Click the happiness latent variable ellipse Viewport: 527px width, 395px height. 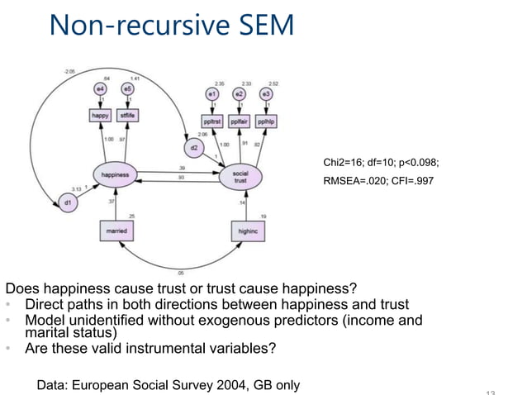tap(115, 176)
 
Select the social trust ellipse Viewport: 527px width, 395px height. tap(240, 176)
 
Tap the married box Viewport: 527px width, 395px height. tap(117, 231)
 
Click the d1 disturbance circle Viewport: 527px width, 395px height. tap(67, 202)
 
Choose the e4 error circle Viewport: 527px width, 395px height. tap(100, 88)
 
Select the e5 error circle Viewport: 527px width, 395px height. tap(127, 88)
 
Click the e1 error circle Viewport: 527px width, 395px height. tap(212, 95)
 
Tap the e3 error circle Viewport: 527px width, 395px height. tap(266, 95)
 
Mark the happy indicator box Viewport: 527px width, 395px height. tap(100, 116)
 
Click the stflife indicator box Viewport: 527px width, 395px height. tap(127, 116)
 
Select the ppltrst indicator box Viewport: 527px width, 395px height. tap(212, 121)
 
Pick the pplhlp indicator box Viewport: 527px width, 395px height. tap(266, 121)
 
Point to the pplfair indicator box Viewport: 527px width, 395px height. tap(240, 121)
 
